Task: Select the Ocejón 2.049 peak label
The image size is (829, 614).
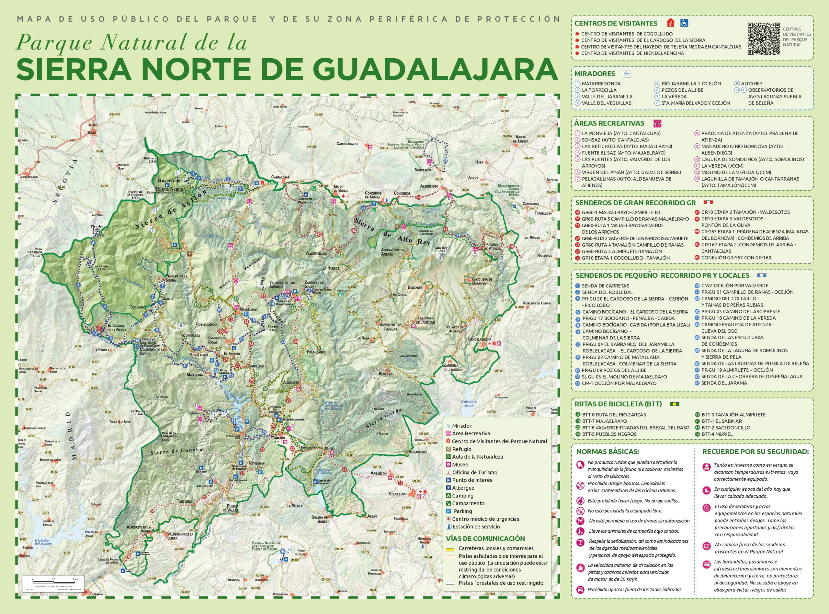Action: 273,328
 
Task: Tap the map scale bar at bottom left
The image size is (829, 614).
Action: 55,579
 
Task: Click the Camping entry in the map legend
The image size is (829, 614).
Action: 462,496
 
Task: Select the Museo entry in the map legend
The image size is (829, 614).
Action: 460,464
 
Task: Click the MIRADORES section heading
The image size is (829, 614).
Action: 595,73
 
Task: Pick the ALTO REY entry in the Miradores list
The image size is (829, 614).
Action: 751,84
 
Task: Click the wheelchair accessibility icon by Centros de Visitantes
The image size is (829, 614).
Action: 684,23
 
